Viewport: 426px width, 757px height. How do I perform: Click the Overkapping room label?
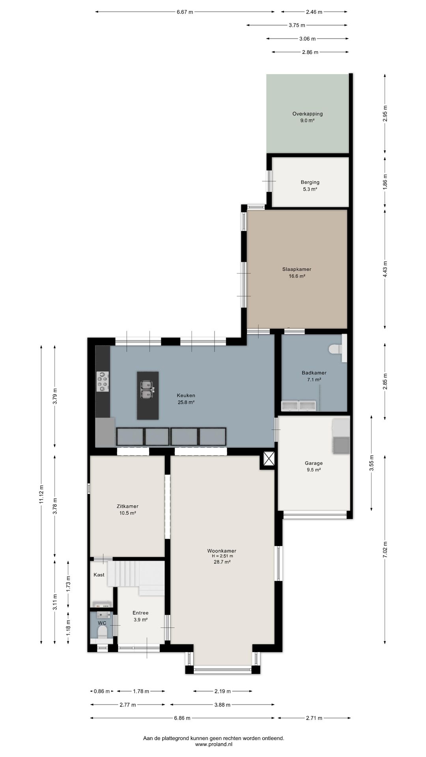coord(307,117)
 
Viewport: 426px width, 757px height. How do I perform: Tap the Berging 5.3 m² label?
coord(310,186)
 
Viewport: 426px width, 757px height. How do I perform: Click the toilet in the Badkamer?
coord(338,349)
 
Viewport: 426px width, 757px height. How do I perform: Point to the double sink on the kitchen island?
coord(148,388)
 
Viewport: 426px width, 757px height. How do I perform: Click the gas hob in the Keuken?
coord(103,382)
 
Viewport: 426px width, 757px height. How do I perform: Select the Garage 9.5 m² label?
coord(314,466)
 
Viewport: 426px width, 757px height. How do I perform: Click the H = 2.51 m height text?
coord(222,556)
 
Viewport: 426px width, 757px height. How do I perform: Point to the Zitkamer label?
coord(127,509)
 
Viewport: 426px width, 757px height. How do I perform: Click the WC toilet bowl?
coord(102,632)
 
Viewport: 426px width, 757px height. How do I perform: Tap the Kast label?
coord(99,575)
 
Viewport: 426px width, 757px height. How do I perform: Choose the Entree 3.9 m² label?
coord(140,616)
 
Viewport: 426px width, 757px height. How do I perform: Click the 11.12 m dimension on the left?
coord(41,495)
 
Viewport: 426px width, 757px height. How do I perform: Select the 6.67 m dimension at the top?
coord(185,12)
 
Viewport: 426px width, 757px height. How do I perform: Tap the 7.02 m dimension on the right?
coord(385,549)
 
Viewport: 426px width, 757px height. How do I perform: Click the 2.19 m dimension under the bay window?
coord(223,691)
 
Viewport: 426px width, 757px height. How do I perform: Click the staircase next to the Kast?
coord(136,577)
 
